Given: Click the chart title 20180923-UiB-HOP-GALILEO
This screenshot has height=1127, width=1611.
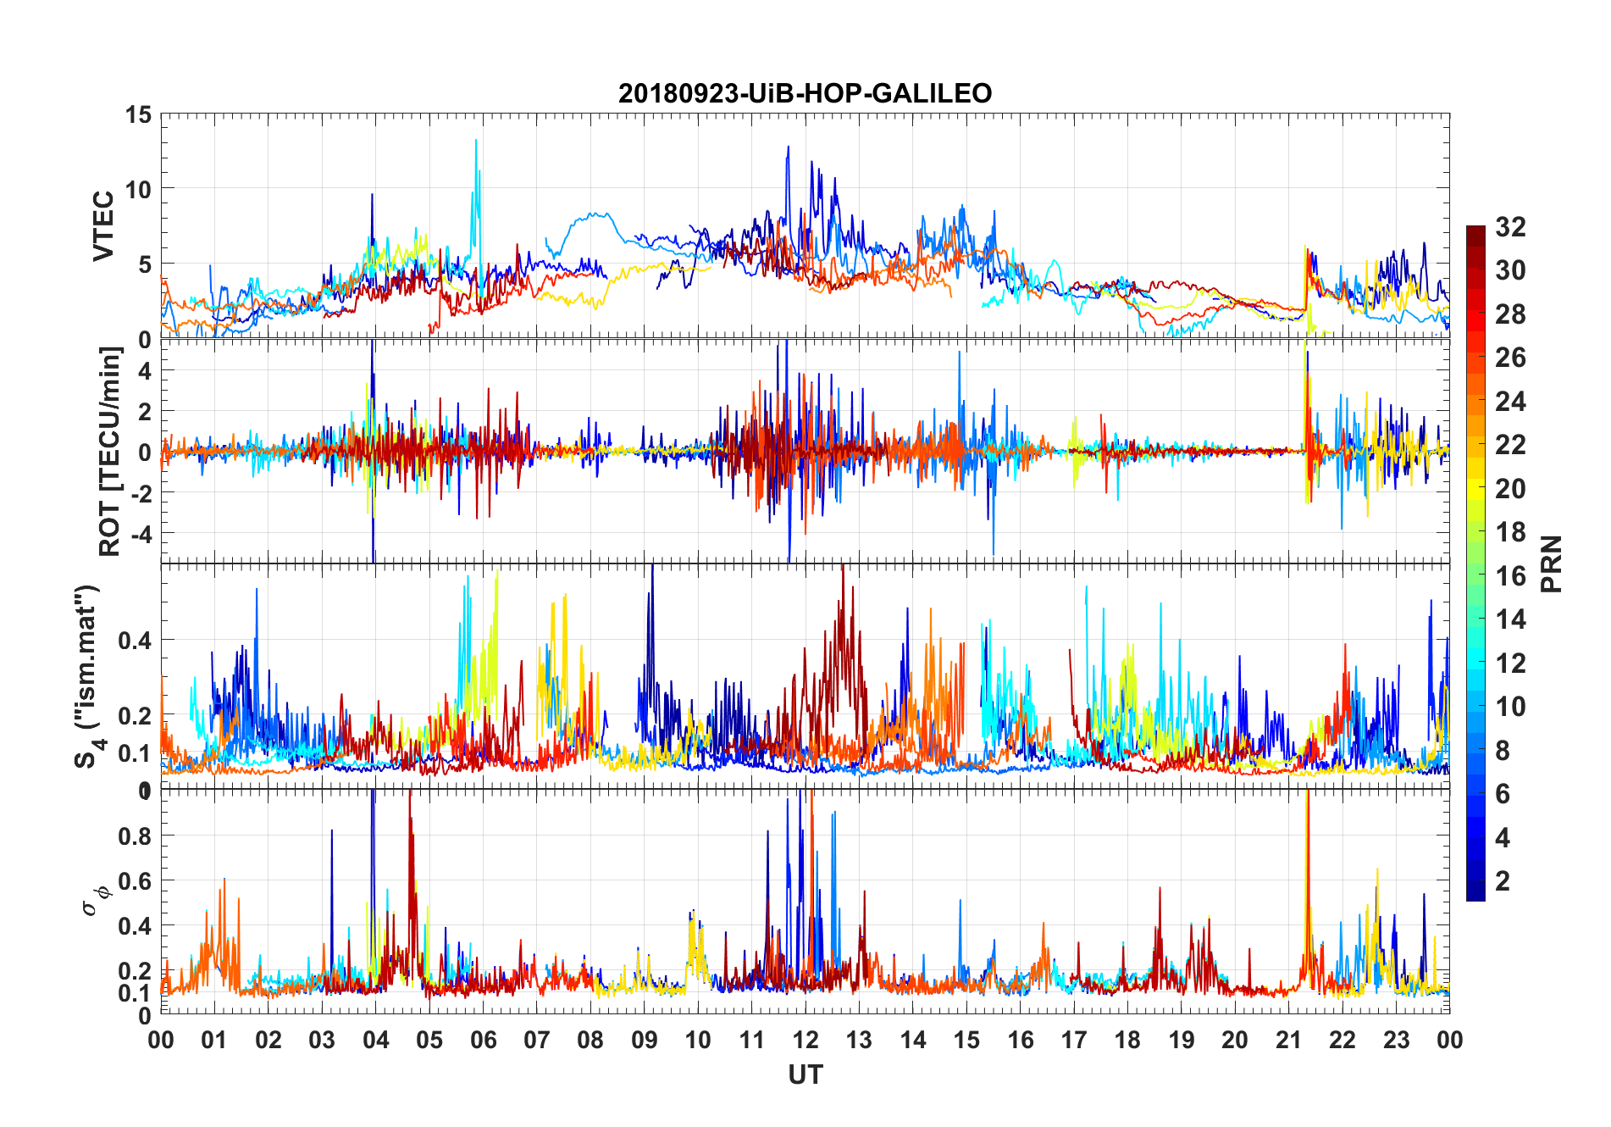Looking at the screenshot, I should pyautogui.click(x=805, y=92).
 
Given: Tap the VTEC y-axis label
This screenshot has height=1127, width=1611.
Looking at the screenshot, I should pyautogui.click(x=103, y=226).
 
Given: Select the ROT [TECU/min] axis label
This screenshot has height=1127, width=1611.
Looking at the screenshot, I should pyautogui.click(x=110, y=451).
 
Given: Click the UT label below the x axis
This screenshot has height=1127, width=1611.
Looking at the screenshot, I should pyautogui.click(x=805, y=1075).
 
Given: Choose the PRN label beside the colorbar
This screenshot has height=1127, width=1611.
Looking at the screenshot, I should pyautogui.click(x=1552, y=563).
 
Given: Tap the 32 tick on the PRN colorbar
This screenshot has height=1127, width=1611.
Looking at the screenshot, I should pyautogui.click(x=1510, y=227).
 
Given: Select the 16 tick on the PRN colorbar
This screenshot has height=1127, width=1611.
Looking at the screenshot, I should pyautogui.click(x=1510, y=576).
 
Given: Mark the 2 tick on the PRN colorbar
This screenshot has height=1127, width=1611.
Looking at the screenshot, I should pyautogui.click(x=1503, y=881).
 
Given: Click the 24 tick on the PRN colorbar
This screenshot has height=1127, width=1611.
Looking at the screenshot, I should pyautogui.click(x=1510, y=402).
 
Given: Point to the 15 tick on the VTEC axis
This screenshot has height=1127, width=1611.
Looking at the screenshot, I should pyautogui.click(x=138, y=115).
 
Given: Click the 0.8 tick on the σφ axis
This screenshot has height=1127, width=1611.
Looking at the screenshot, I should pyautogui.click(x=136, y=836).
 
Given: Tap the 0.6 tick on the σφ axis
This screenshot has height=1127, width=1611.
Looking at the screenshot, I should pyautogui.click(x=136, y=881).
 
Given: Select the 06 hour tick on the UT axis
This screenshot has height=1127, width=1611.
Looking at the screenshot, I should pyautogui.click(x=483, y=1040).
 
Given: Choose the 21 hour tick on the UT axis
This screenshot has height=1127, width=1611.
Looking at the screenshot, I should pyautogui.click(x=1288, y=1040).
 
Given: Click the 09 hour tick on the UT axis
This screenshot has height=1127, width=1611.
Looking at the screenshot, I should pyautogui.click(x=644, y=1040).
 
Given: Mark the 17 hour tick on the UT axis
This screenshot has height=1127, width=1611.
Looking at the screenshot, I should pyautogui.click(x=1074, y=1040).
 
